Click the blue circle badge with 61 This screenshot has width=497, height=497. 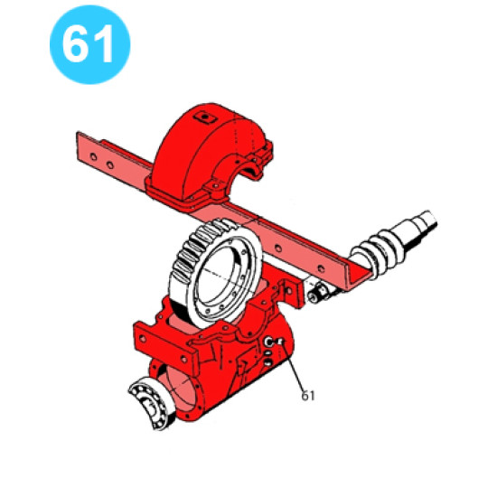(x=90, y=44)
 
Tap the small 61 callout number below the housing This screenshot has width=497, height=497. (x=308, y=396)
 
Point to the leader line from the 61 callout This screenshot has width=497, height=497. (x=293, y=367)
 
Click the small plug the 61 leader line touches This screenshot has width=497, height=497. (x=280, y=342)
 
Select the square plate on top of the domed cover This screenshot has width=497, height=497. (x=205, y=118)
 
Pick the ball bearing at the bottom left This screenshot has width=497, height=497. (x=152, y=402)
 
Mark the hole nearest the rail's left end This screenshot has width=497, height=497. (x=93, y=156)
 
